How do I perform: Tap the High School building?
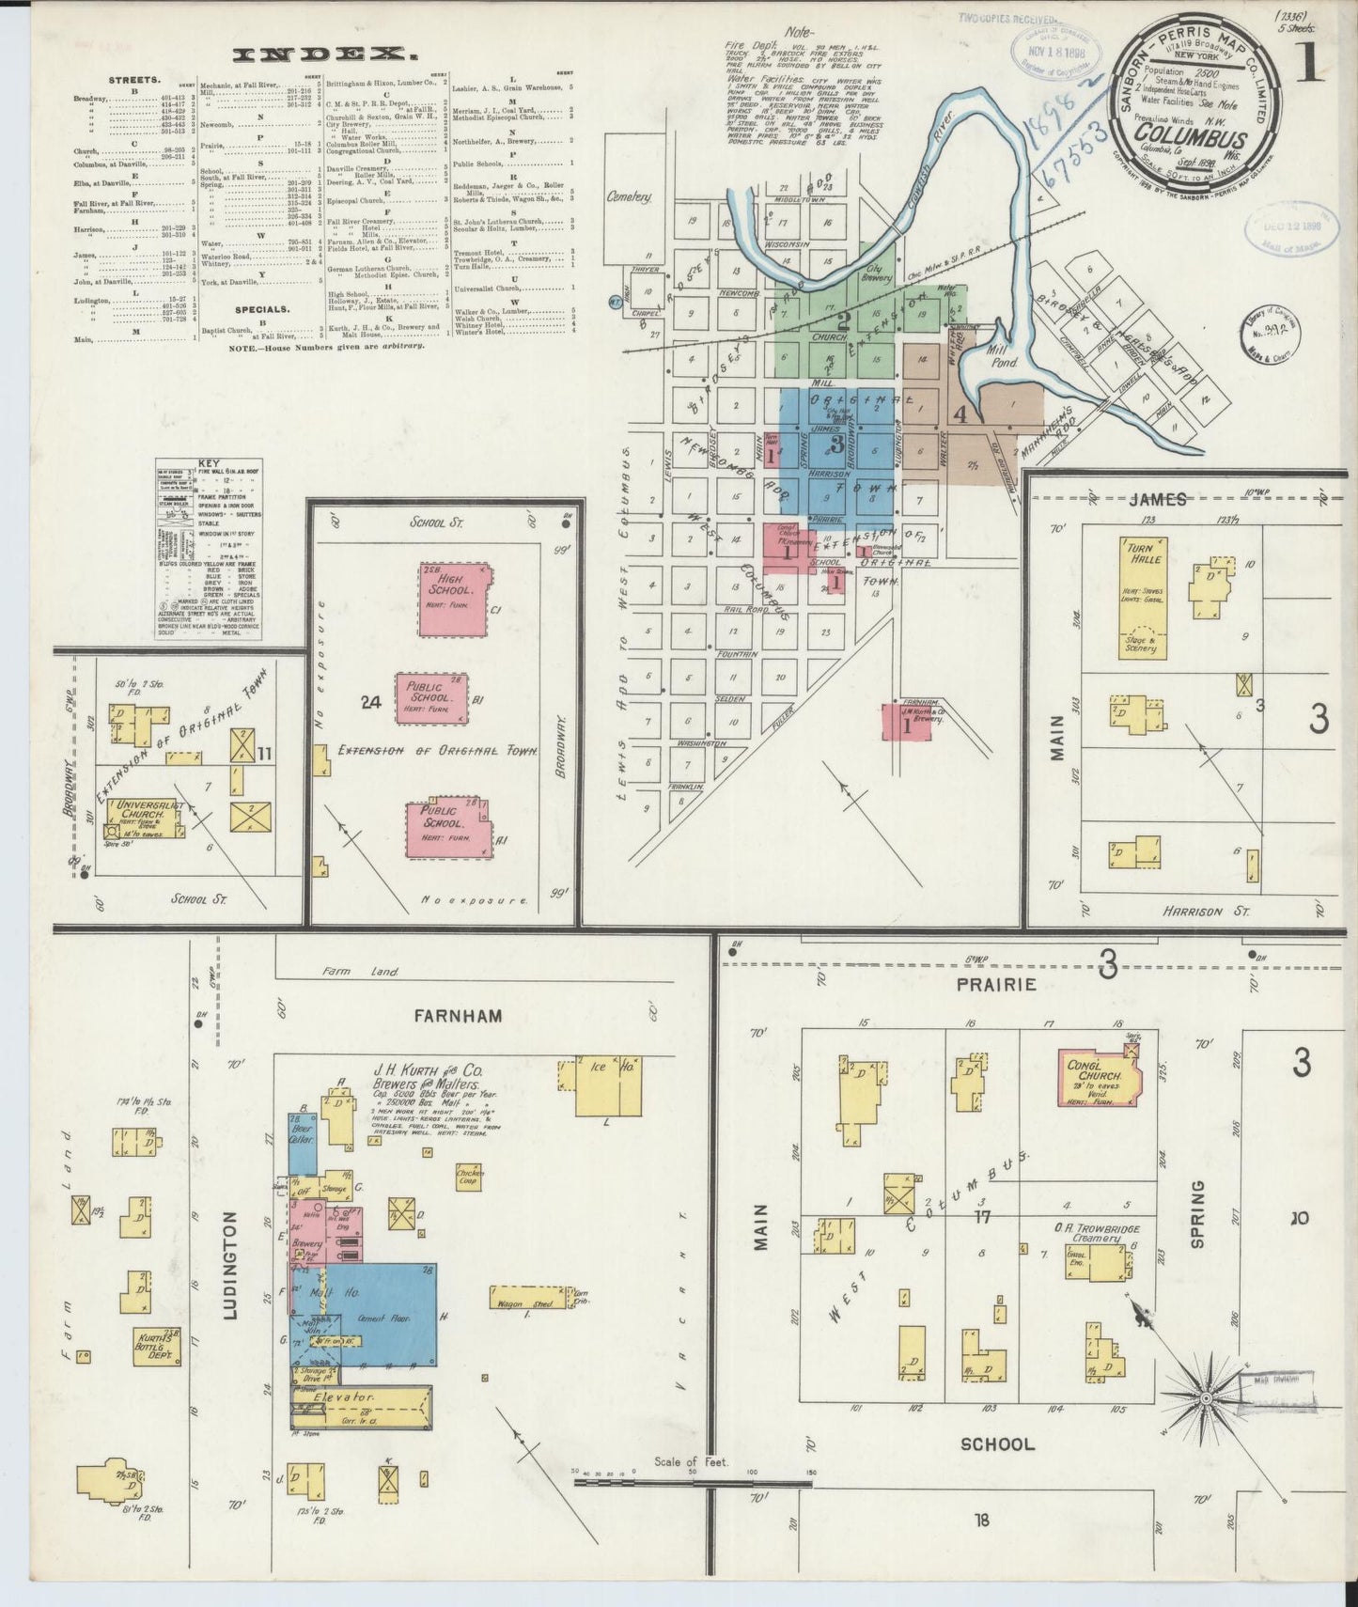pyautogui.click(x=453, y=599)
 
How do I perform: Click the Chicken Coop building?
pyautogui.click(x=468, y=1179)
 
